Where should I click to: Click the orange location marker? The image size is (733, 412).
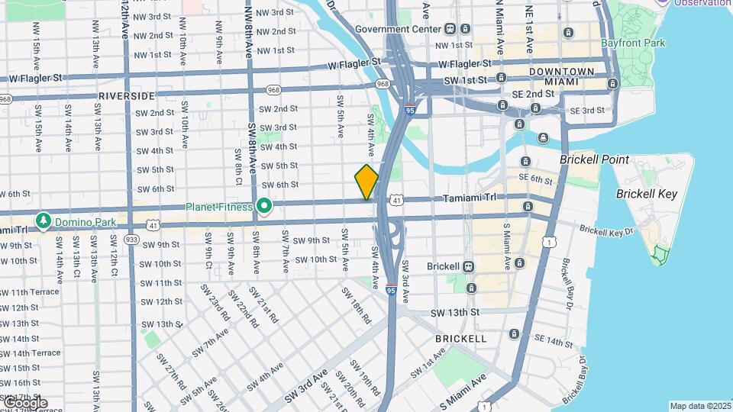(366, 182)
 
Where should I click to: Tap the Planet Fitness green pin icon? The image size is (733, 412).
(265, 206)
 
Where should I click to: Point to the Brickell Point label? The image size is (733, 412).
(594, 160)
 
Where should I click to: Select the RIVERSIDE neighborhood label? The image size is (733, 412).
(126, 96)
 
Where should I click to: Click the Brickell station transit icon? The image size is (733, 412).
(467, 266)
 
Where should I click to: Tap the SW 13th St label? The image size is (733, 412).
(455, 313)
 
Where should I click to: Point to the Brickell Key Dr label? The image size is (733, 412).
(606, 230)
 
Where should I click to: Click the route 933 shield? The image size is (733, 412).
(131, 239)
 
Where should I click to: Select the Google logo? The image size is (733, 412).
(24, 402)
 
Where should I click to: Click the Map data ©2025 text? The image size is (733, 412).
(700, 406)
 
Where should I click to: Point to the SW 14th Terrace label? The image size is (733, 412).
(30, 353)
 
